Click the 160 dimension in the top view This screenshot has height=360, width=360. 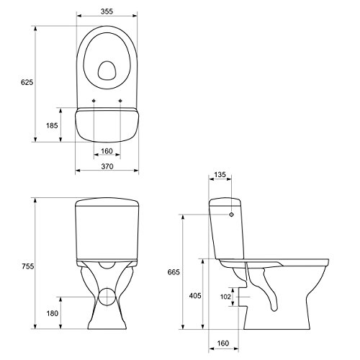tap(106, 151)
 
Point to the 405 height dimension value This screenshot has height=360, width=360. tap(193, 294)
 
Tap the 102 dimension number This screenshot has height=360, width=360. tap(226, 295)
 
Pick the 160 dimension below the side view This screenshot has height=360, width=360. tap(222, 343)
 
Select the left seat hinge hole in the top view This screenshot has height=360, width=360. tap(94, 100)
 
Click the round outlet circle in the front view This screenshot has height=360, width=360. tap(106, 296)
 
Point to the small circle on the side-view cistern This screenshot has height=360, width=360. tap(232, 214)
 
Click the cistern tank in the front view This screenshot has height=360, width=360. tap(106, 230)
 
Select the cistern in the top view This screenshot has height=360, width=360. tap(106, 126)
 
